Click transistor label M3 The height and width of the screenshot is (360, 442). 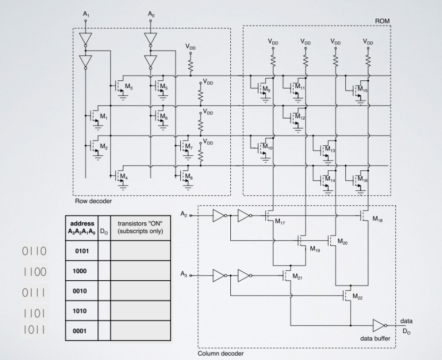[x=129, y=86]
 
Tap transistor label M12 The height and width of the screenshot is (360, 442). [x=301, y=117]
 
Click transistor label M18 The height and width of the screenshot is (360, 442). [x=377, y=219]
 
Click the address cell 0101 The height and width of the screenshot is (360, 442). [x=84, y=250]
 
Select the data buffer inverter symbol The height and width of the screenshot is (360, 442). [x=379, y=325]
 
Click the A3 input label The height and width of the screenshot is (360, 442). [x=184, y=276]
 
